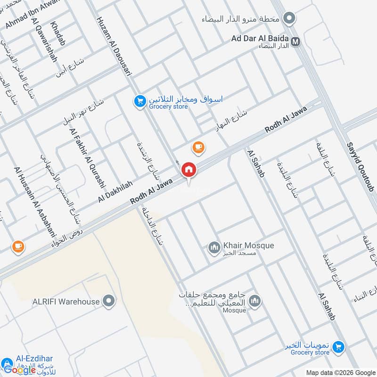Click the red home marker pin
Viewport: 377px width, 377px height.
(x=189, y=169)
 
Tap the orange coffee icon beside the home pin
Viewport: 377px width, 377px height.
(x=198, y=148)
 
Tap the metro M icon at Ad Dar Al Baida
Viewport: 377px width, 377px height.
(x=296, y=41)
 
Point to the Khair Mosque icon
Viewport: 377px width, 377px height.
(x=215, y=247)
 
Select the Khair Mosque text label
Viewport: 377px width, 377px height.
(x=248, y=246)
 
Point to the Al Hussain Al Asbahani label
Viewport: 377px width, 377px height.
(x=35, y=203)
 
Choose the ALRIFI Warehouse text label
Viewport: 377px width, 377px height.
(x=66, y=302)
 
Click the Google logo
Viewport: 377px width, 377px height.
(x=20, y=369)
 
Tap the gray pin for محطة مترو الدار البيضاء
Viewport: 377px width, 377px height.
(x=290, y=19)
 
